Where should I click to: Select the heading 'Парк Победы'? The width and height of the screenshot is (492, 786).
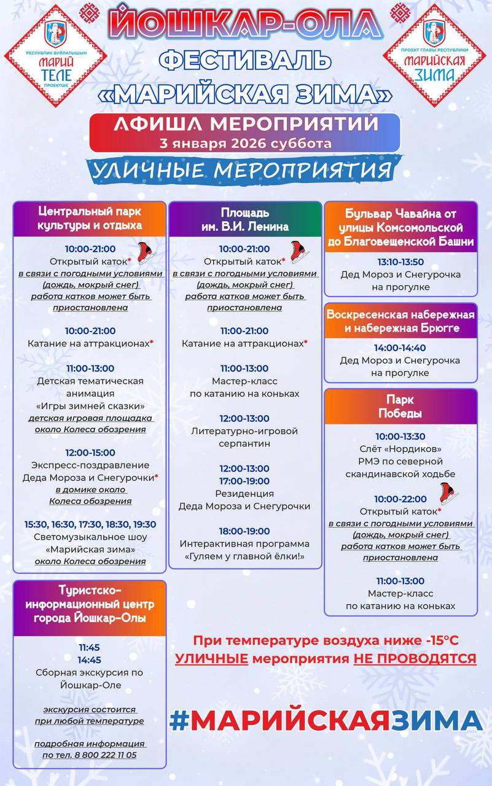click(400, 406)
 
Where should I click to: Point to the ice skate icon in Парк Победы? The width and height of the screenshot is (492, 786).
click(449, 492)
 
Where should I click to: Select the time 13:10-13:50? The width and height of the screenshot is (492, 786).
click(400, 262)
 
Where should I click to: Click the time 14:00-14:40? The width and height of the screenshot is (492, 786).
click(400, 348)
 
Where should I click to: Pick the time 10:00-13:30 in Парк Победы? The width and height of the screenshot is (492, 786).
click(400, 437)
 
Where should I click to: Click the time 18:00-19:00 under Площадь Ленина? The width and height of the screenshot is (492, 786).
click(244, 531)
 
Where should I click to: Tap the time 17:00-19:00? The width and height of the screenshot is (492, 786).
click(244, 481)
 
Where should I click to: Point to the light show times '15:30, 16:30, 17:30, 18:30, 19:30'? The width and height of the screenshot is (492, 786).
click(90, 524)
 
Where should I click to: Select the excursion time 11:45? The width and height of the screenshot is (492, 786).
click(89, 647)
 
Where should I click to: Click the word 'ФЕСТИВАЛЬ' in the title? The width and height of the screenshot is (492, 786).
click(245, 61)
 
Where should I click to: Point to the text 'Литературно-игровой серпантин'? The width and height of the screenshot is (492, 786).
click(244, 437)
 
